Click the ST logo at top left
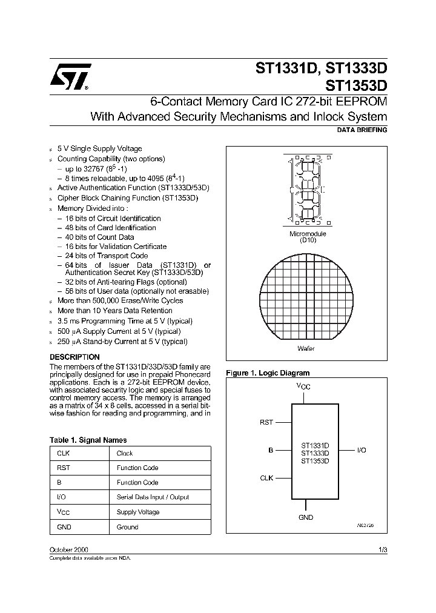[70, 76]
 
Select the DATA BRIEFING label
[362, 130]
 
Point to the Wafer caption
[306, 348]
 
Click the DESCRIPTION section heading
[74, 357]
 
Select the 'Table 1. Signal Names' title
[88, 440]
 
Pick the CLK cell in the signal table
[64, 453]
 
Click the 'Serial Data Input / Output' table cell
[153, 497]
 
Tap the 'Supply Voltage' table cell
[138, 512]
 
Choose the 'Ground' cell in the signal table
[127, 527]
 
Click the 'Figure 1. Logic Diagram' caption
[267, 373]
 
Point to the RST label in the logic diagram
[266, 423]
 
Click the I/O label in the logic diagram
[362, 451]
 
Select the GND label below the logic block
[306, 517]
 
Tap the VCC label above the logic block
[303, 386]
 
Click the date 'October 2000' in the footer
[68, 549]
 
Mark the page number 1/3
[383, 549]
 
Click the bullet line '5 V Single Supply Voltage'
[99, 148]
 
